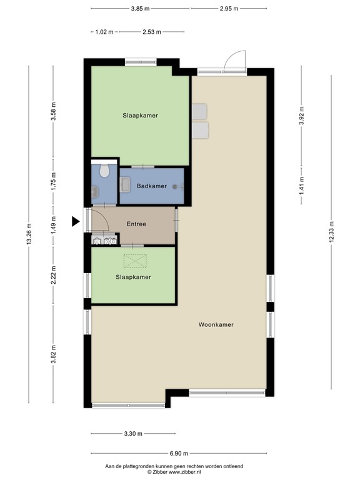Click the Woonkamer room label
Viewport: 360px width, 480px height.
(x=216, y=324)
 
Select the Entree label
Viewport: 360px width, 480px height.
(x=136, y=224)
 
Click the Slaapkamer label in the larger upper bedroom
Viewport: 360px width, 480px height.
(x=140, y=116)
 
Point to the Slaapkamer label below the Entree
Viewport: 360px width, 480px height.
(x=133, y=277)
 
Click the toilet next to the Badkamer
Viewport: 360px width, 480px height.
(x=104, y=171)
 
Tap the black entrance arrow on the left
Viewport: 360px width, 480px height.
(x=76, y=221)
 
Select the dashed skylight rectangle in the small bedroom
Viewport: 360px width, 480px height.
(x=133, y=261)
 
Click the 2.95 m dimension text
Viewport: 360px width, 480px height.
(x=229, y=8)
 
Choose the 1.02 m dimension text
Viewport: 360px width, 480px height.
(x=104, y=32)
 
